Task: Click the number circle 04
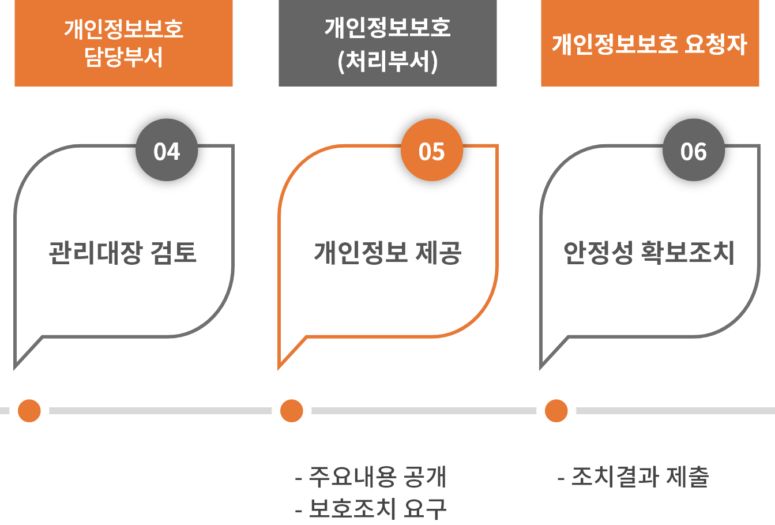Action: point(167,152)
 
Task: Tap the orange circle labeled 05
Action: point(432,152)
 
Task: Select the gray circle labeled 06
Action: point(693,152)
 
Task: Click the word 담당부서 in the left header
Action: point(124,57)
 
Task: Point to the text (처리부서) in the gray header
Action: point(387,61)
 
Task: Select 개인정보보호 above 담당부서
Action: point(124,29)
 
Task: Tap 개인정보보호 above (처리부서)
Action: point(387,28)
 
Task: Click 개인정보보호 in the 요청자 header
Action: point(615,44)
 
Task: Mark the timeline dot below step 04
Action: point(29,411)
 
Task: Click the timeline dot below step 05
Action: point(291,411)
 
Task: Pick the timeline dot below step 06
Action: point(556,411)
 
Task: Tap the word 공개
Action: point(426,477)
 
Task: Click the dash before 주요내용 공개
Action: point(299,478)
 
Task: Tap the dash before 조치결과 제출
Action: point(561,478)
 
